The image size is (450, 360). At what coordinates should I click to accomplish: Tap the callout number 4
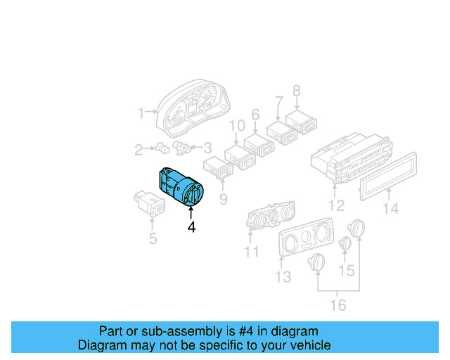pyautogui.click(x=191, y=227)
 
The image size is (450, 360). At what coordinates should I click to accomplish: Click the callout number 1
pyautogui.click(x=141, y=112)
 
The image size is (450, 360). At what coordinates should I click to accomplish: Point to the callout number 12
pyautogui.click(x=337, y=206)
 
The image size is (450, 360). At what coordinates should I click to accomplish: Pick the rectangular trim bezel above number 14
pyautogui.click(x=389, y=174)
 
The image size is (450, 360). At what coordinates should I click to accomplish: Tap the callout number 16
pyautogui.click(x=338, y=305)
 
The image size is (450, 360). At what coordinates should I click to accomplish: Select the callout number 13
pyautogui.click(x=283, y=277)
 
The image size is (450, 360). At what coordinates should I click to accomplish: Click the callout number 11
pyautogui.click(x=252, y=251)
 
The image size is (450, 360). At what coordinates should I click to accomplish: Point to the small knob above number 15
pyautogui.click(x=345, y=243)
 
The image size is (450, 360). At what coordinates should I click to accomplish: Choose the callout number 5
pyautogui.click(x=153, y=239)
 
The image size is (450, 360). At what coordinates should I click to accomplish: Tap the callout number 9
pyautogui.click(x=223, y=200)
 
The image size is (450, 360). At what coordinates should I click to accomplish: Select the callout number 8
pyautogui.click(x=296, y=91)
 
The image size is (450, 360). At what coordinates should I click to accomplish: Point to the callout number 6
pyautogui.click(x=255, y=114)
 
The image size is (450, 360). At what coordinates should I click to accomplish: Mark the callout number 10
pyautogui.click(x=237, y=126)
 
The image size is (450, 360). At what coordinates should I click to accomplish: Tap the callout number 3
pyautogui.click(x=207, y=148)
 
